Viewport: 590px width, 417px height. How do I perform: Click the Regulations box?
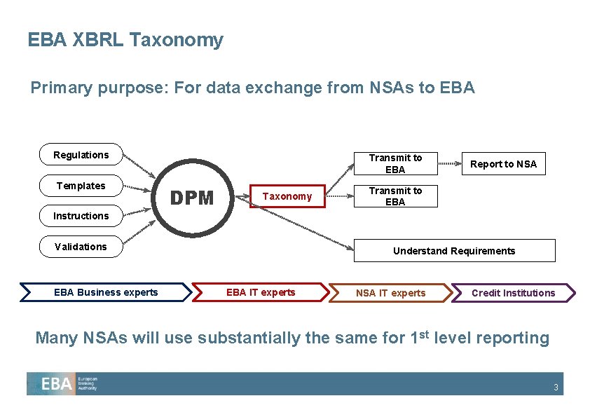tap(81, 155)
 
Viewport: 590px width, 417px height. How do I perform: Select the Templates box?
tap(81, 186)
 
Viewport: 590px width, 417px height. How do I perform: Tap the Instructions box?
tap(81, 216)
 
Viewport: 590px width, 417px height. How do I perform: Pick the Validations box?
tap(81, 247)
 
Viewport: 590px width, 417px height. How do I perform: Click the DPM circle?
tap(193, 198)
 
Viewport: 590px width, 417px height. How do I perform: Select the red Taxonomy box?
tap(287, 196)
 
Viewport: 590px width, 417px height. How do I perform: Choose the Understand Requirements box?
tap(454, 251)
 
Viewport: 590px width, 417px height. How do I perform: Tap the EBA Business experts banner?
tap(106, 292)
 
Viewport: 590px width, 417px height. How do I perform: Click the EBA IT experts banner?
tap(261, 292)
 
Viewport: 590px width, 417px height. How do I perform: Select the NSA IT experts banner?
tap(390, 293)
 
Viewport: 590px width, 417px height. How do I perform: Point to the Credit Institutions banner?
tap(513, 293)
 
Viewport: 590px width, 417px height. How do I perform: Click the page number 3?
tap(556, 388)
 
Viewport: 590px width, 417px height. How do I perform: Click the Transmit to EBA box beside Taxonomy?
tap(395, 196)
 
